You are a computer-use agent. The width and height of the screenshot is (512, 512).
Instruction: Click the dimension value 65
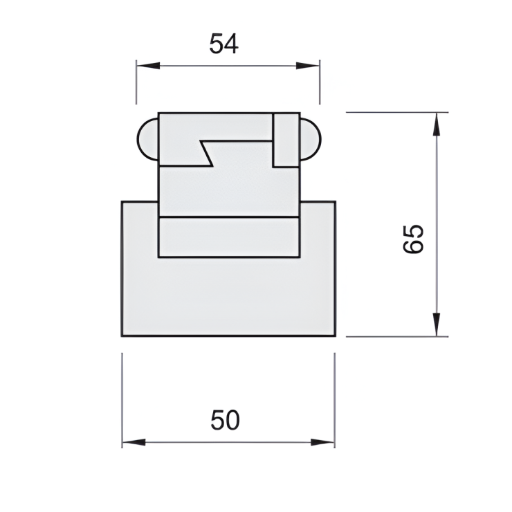coord(413,239)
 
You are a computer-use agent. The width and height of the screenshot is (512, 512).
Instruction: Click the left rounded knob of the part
coord(147,139)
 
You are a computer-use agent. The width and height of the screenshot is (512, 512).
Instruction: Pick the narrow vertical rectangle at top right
coord(285,140)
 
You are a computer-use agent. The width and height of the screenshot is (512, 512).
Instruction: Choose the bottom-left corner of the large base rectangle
coord(122,336)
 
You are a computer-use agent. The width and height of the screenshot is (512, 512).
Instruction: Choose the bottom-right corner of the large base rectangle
coord(336,336)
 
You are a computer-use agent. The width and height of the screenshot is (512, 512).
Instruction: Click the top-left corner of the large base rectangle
coord(122,202)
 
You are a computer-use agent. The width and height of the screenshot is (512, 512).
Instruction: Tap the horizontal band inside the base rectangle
coord(229,237)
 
